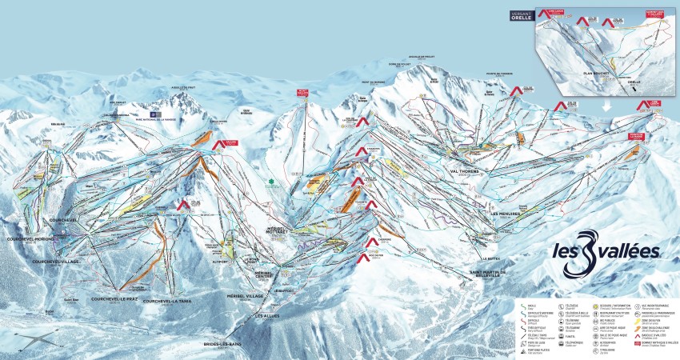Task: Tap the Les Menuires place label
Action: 505,214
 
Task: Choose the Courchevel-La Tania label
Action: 171,301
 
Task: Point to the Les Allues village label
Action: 268,315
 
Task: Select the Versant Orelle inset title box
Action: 521,15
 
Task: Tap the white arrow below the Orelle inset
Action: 605,105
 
